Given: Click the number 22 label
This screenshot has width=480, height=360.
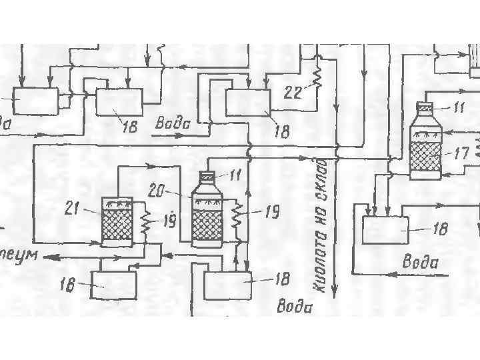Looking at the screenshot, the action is [x=292, y=94].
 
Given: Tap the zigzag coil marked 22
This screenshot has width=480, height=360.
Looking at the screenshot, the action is [x=318, y=75].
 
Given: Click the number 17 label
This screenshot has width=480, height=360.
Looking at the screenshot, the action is [x=461, y=153].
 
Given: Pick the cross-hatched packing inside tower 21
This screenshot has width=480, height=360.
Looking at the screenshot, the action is [x=117, y=225].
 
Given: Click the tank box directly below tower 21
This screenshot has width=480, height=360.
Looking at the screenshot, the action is [x=114, y=285].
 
